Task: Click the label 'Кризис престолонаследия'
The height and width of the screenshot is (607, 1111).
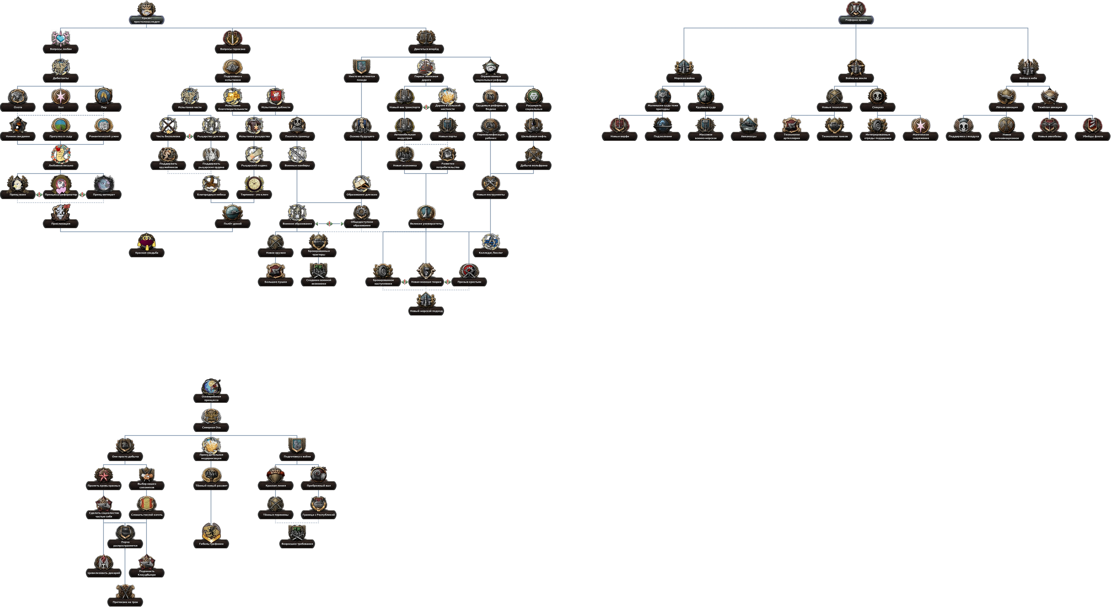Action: pyautogui.click(x=147, y=20)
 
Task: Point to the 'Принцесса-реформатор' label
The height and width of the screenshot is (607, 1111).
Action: pyautogui.click(x=61, y=194)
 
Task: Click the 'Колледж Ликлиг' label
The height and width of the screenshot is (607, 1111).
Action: pyautogui.click(x=490, y=253)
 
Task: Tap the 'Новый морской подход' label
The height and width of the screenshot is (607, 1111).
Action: pyautogui.click(x=426, y=311)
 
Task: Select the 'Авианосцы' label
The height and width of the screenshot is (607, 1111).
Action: pyautogui.click(x=748, y=136)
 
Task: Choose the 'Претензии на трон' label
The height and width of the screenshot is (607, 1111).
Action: pyautogui.click(x=125, y=602)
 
